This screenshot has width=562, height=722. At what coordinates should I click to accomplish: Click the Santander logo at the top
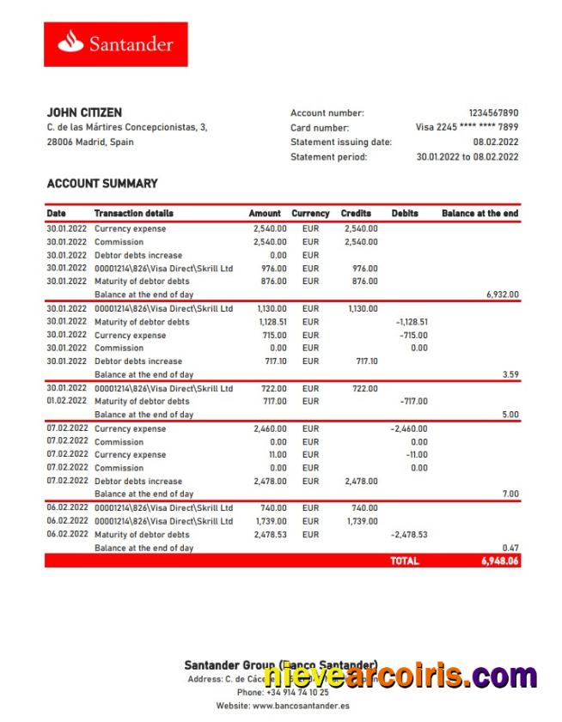115,44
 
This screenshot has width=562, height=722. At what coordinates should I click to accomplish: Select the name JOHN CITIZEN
84,112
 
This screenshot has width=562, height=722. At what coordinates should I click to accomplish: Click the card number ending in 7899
467,127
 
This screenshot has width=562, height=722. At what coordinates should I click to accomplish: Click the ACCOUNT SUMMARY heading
101,183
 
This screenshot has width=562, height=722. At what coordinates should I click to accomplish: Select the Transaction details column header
133,213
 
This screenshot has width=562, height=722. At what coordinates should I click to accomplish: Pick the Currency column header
310,213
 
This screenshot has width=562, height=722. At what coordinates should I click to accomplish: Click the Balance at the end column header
480,213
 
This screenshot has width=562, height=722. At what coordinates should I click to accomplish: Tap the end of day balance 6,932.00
502,294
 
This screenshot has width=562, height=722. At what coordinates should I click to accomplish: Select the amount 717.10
272,361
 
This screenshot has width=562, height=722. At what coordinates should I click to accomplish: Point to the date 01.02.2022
66,401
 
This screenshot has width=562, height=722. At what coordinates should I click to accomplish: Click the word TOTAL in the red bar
404,561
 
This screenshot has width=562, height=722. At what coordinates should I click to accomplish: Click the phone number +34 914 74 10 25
296,692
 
